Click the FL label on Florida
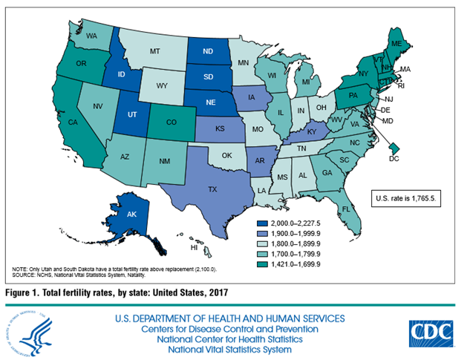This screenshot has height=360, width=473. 347,210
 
